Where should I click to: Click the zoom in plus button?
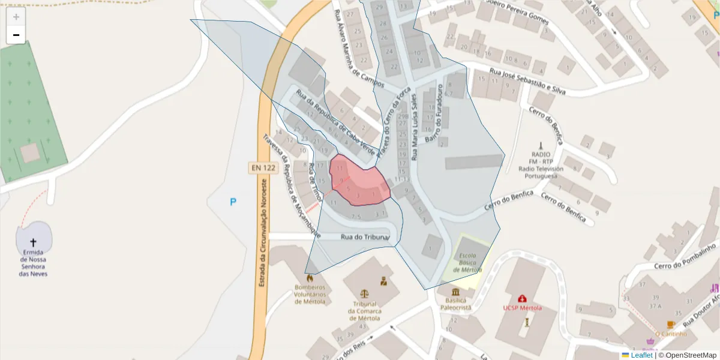pyautogui.click(x=16, y=17)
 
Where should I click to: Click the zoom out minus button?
pyautogui.click(x=16, y=35)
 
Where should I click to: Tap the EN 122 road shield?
pyautogui.click(x=262, y=168)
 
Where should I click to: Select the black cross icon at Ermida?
pyautogui.click(x=33, y=242)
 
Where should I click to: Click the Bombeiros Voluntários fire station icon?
pyautogui.click(x=310, y=278)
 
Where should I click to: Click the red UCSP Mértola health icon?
pyautogui.click(x=522, y=298)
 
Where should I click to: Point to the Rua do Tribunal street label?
pyautogui.click(x=365, y=237)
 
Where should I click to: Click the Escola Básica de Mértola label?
pyautogui.click(x=467, y=263)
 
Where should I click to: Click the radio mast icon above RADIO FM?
pyautogui.click(x=540, y=146)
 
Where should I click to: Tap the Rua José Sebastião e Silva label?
pyautogui.click(x=528, y=82)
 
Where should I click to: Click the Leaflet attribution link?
pyautogui.click(x=641, y=355)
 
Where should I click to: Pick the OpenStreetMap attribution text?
pyautogui.click(x=690, y=355)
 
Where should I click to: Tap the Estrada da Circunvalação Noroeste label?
pyautogui.click(x=262, y=234)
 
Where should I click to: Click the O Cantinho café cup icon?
pyautogui.click(x=670, y=325)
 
